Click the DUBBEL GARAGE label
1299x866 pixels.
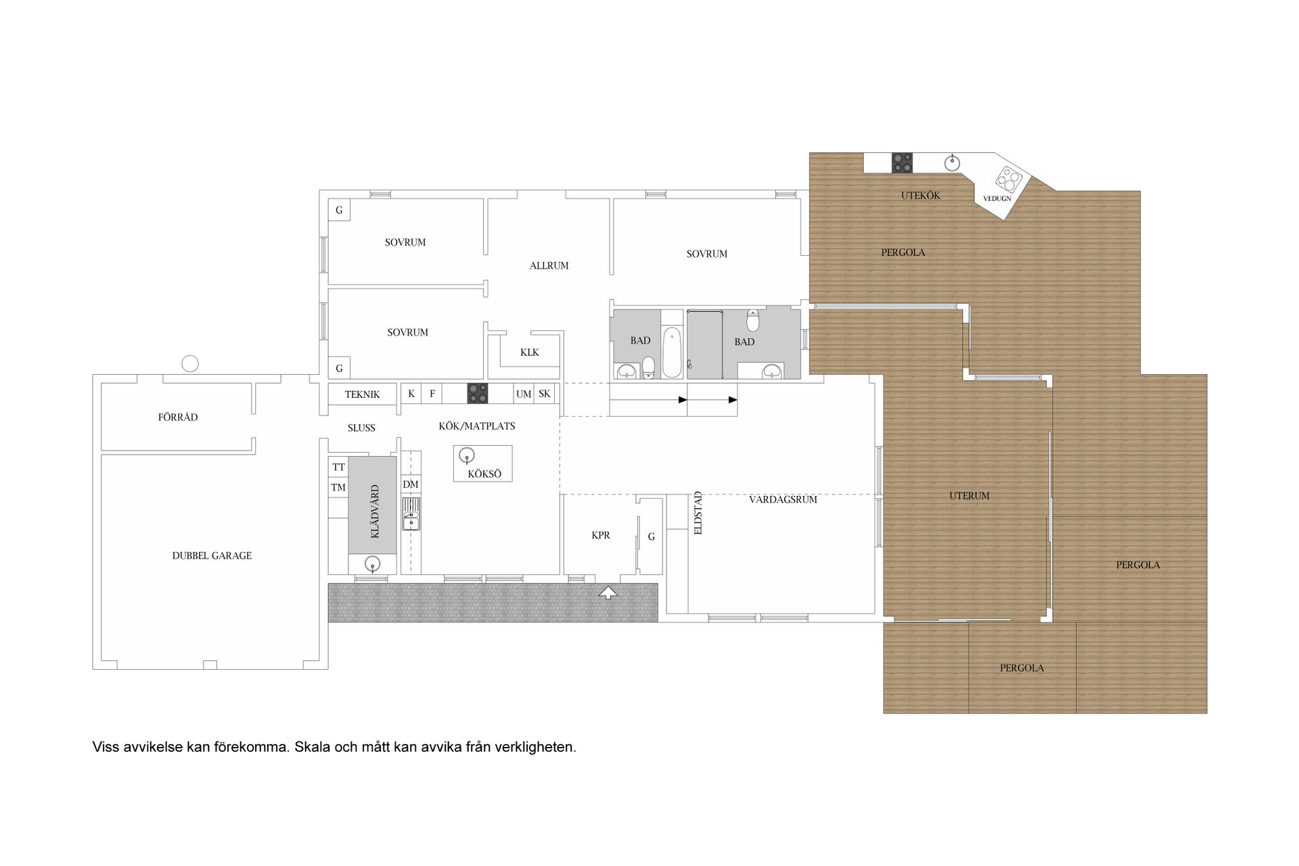tap(212, 555)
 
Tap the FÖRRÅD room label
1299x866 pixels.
tap(178, 417)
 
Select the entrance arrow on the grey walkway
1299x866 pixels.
tap(609, 593)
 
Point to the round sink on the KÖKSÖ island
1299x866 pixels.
tap(466, 455)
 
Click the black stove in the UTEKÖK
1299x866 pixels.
tap(902, 162)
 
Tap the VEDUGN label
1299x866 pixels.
tap(997, 198)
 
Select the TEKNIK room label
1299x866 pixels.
tap(362, 394)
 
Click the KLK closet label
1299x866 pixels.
tap(530, 352)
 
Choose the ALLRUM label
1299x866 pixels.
tap(549, 266)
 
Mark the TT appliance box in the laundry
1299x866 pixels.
tap(338, 467)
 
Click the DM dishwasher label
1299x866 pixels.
tap(411, 484)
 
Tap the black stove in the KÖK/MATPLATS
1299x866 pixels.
tap(477, 393)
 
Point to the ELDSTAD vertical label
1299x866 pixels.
tap(698, 513)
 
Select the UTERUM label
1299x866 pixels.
tap(969, 496)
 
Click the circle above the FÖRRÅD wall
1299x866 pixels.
tap(191, 364)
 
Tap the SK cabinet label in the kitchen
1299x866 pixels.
tap(544, 394)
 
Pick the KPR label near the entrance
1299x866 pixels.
tap(601, 535)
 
